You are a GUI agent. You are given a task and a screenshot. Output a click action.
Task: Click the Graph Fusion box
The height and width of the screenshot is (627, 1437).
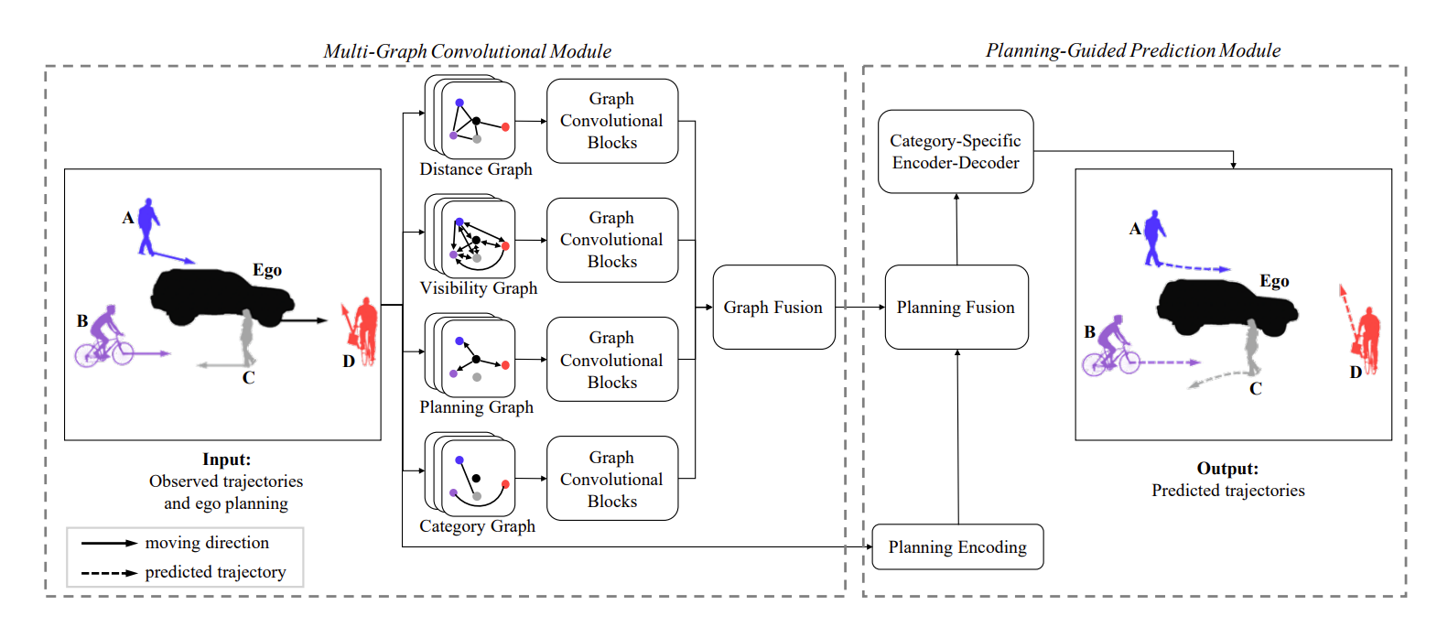(773, 308)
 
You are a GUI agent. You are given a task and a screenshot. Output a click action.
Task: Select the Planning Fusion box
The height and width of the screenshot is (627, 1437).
(956, 308)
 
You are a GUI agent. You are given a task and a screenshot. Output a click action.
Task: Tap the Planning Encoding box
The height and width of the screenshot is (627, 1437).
(957, 547)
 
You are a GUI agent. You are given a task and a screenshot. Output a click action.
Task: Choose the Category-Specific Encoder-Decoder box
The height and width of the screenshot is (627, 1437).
(956, 152)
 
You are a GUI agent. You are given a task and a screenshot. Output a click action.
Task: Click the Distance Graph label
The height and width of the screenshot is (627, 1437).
(476, 169)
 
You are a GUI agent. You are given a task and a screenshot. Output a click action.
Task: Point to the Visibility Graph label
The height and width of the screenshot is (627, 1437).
(479, 288)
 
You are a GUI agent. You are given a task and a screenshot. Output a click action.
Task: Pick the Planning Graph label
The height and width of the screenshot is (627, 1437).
(476, 407)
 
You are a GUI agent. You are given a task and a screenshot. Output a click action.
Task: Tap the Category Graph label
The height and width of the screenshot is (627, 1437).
(477, 526)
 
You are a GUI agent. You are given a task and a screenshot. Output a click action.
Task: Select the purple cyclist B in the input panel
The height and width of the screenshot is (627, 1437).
(103, 338)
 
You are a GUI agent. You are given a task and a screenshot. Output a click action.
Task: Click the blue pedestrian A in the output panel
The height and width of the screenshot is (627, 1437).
(1155, 237)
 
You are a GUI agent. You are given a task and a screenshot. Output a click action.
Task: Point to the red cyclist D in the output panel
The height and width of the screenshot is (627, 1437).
(1367, 340)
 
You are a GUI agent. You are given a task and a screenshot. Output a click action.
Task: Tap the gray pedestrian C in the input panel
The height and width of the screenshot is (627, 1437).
(247, 337)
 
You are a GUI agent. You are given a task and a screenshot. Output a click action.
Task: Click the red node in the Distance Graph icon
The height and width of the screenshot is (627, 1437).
(505, 127)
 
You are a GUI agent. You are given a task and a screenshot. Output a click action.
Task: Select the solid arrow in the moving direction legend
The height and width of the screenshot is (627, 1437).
(109, 544)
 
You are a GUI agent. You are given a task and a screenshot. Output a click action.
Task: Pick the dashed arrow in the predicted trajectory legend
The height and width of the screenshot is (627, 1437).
(109, 573)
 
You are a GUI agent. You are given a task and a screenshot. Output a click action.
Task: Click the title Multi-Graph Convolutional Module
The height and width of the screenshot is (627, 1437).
(467, 51)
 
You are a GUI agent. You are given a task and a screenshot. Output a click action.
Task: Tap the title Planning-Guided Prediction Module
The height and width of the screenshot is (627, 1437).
(1133, 50)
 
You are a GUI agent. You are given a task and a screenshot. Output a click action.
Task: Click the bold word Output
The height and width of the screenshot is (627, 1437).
(1226, 469)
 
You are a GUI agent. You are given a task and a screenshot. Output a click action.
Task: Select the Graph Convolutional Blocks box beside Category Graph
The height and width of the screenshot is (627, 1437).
(611, 479)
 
